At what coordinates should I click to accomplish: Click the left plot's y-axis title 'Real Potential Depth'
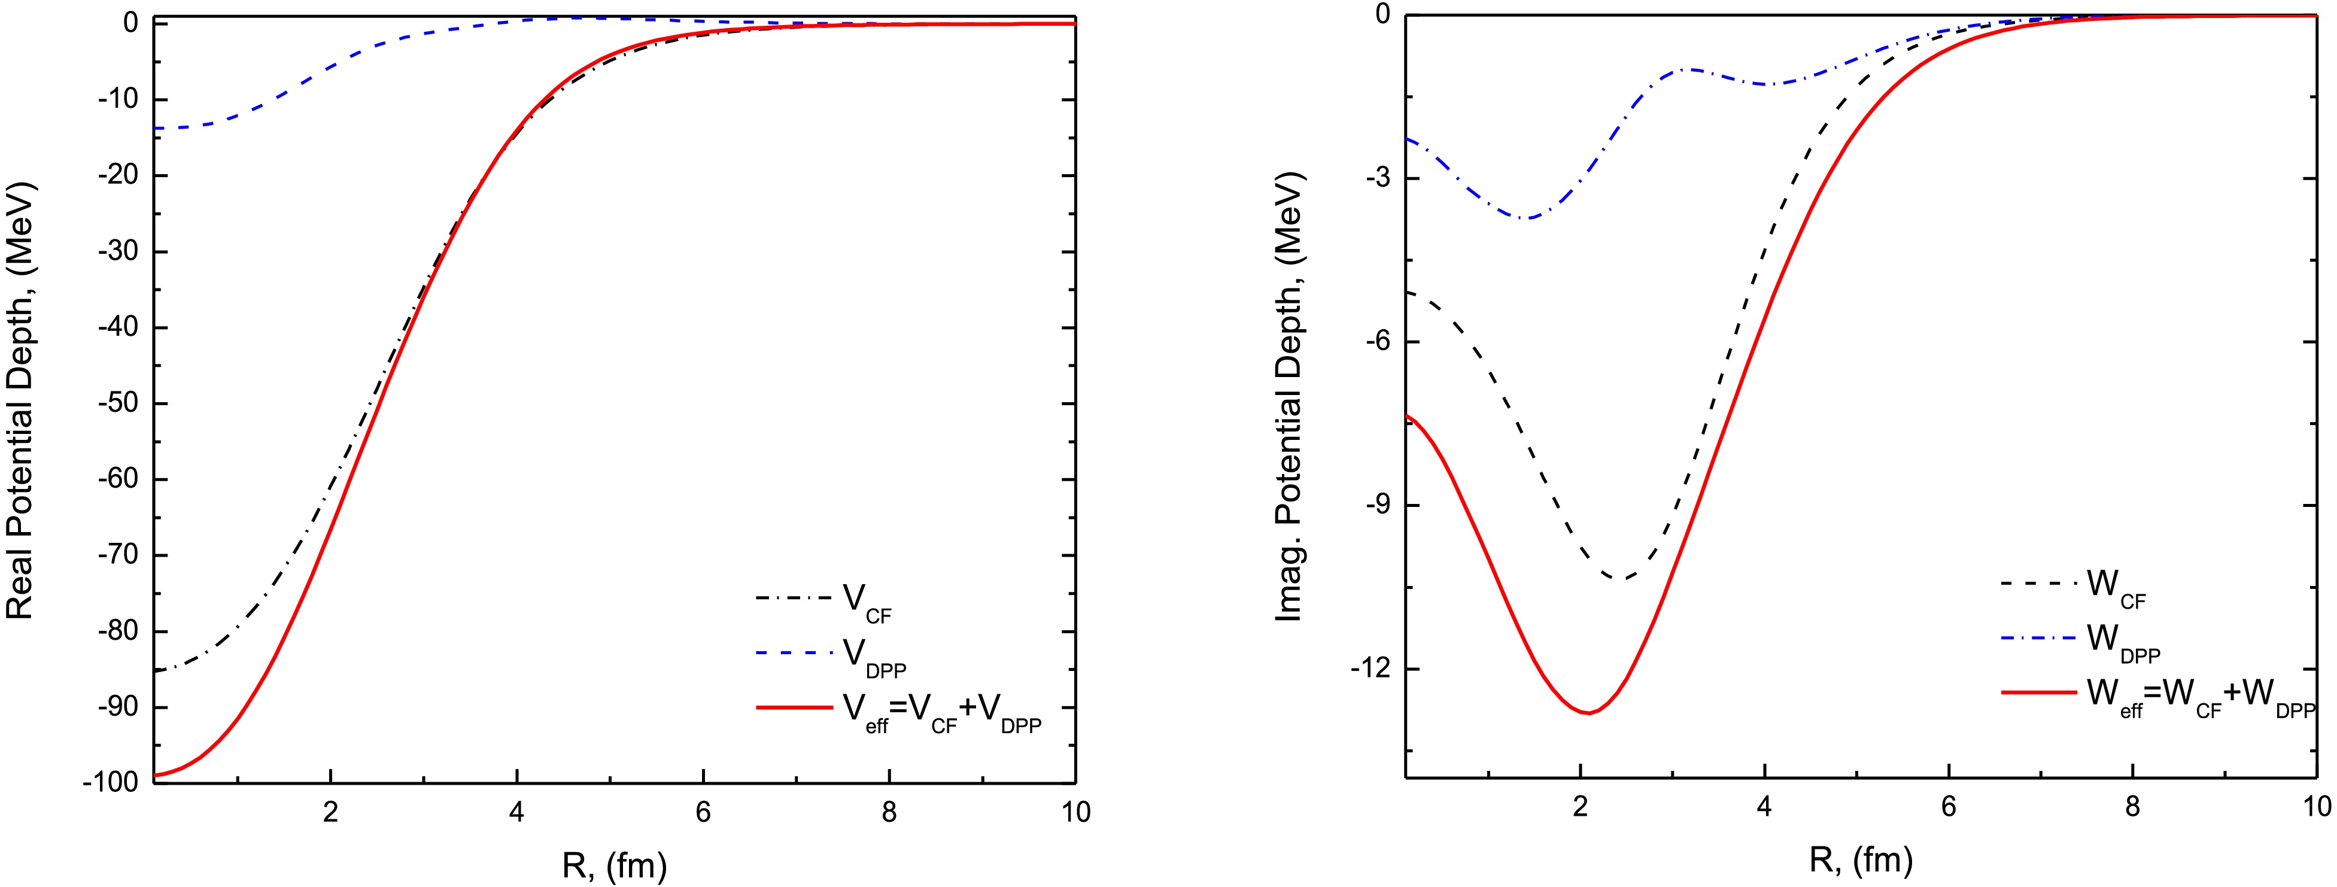[20, 403]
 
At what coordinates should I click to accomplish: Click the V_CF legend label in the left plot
[867, 602]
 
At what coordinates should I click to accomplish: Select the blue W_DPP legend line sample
[2038, 637]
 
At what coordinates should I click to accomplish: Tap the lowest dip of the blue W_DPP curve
[1527, 218]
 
